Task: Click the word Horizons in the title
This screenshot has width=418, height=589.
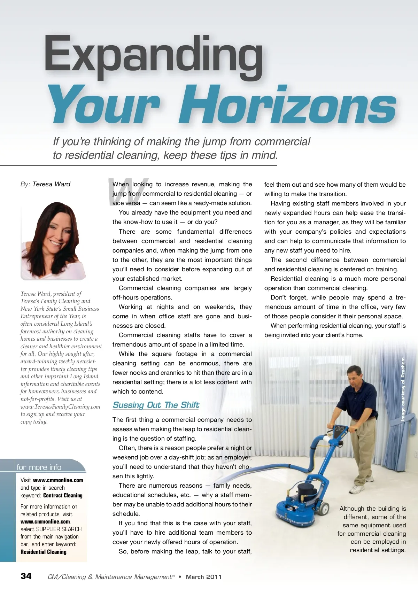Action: [x=287, y=104]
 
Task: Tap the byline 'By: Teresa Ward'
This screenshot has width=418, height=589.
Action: [x=45, y=184]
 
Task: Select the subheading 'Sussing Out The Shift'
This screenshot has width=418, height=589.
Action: [x=156, y=405]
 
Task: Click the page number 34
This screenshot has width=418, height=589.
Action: [x=26, y=576]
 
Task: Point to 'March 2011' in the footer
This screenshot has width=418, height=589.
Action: [x=204, y=577]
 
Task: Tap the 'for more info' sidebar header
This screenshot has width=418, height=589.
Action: [x=39, y=467]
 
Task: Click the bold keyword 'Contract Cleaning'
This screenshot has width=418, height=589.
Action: [x=63, y=496]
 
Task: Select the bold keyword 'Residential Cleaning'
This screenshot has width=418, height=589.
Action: [x=44, y=552]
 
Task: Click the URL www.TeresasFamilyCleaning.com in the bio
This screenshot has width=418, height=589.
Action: [x=60, y=407]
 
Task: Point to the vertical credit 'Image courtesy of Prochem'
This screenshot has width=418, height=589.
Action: [x=403, y=389]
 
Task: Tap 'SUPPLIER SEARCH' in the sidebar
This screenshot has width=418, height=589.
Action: [x=59, y=529]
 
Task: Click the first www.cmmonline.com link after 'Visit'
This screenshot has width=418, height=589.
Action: [x=58, y=480]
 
